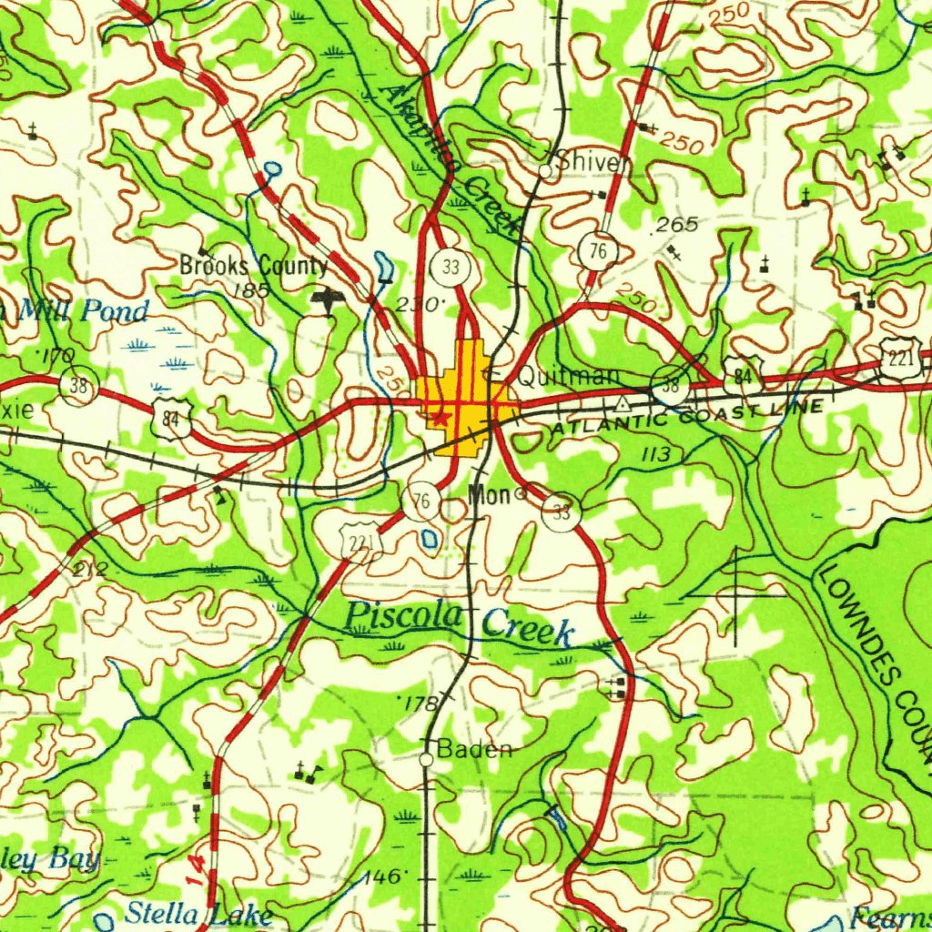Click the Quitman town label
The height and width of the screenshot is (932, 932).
pyautogui.click(x=569, y=376)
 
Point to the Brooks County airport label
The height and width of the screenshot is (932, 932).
pyautogui.click(x=253, y=266)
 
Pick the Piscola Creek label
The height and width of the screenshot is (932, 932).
pyautogui.click(x=460, y=622)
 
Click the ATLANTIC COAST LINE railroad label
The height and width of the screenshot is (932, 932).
pyautogui.click(x=687, y=415)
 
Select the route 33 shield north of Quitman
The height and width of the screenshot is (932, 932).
pyautogui.click(x=449, y=267)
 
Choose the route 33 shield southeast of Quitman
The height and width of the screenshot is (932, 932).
pyautogui.click(x=562, y=512)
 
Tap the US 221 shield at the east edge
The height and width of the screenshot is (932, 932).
pyautogui.click(x=901, y=357)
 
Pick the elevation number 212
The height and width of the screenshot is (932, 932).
pyautogui.click(x=90, y=571)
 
